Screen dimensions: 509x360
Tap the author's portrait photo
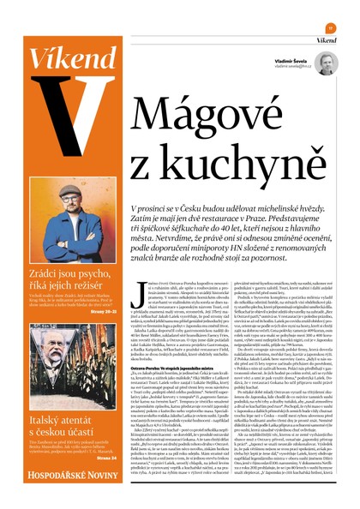326,63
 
